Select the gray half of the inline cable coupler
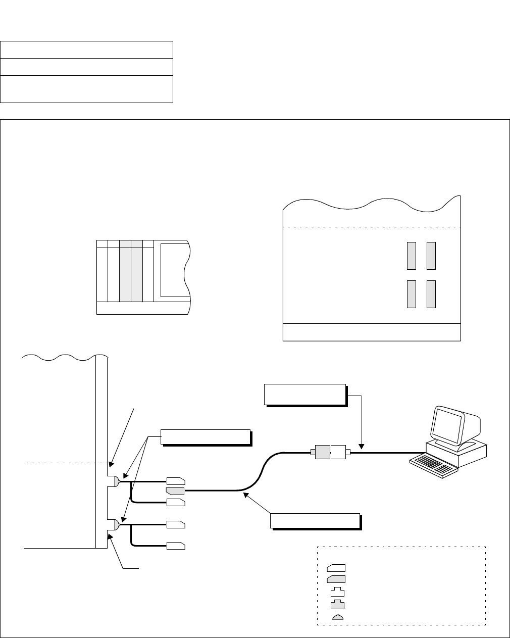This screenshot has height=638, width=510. pyautogui.click(x=322, y=452)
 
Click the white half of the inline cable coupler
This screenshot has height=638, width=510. pyautogui.click(x=338, y=452)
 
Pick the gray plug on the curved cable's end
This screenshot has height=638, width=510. pyautogui.click(x=175, y=490)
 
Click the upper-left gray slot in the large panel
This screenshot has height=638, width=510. pyautogui.click(x=412, y=256)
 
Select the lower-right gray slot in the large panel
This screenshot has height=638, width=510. pyautogui.click(x=431, y=294)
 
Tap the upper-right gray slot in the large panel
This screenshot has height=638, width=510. pyautogui.click(x=431, y=256)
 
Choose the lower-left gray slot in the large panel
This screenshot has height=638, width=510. pyautogui.click(x=412, y=294)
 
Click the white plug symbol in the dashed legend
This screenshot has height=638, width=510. pyautogui.click(x=336, y=567)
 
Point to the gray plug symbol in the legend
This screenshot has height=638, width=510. pyautogui.click(x=336, y=579)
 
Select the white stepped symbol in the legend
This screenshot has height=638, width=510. pyautogui.click(x=337, y=592)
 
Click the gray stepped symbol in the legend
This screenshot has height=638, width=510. pyautogui.click(x=337, y=604)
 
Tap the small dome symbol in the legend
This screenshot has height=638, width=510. pyautogui.click(x=337, y=617)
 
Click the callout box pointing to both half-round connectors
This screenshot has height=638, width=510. pyautogui.click(x=205, y=436)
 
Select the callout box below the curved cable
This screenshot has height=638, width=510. pyautogui.click(x=315, y=520)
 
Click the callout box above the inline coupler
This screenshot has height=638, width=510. pyautogui.click(x=304, y=394)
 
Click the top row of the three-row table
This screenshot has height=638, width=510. pyautogui.click(x=87, y=50)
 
